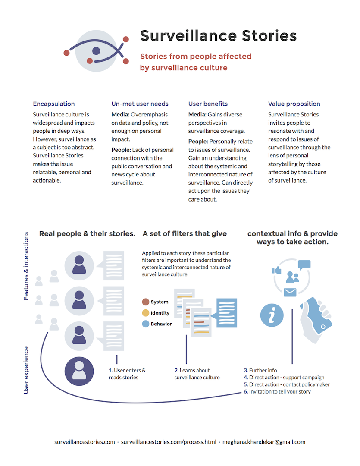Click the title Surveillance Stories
pos(218,36)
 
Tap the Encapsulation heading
pos(54,104)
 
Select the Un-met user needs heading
pos(140,104)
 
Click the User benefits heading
pos(208,104)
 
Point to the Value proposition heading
pos(294,104)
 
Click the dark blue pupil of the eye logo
pos(96,51)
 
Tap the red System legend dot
pos(146,302)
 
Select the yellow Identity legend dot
pos(146,313)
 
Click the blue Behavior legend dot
pos(146,324)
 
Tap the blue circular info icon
pos(272,315)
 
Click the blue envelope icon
pos(290,293)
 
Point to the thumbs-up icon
pos(276,270)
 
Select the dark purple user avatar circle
pos(79,371)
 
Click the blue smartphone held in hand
pos(318,315)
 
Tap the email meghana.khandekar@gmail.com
pos(264,442)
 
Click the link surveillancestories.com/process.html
pos(169,442)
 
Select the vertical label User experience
pos(26,370)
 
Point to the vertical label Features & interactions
pos(26,266)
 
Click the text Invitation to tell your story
pos(280,392)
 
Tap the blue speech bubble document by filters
pos(225,313)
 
